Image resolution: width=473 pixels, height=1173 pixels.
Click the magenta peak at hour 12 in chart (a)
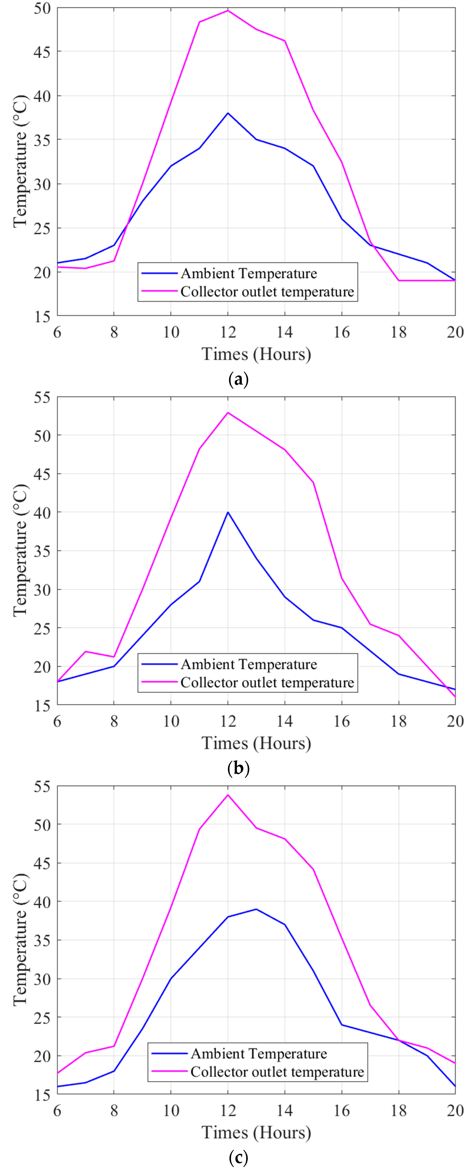pos(228,11)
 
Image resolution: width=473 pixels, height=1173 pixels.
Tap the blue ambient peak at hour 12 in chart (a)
pos(228,113)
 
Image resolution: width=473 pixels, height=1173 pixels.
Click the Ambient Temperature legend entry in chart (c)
pos(258,1054)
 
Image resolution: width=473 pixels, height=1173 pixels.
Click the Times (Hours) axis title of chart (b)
pos(256,743)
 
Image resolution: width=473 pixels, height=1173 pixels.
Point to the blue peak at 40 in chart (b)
pos(228,512)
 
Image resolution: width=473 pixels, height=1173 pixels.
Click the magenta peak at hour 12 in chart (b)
pos(228,413)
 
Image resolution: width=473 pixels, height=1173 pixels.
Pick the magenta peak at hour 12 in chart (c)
pos(228,795)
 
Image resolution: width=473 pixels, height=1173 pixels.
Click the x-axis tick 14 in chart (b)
pos(285,721)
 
